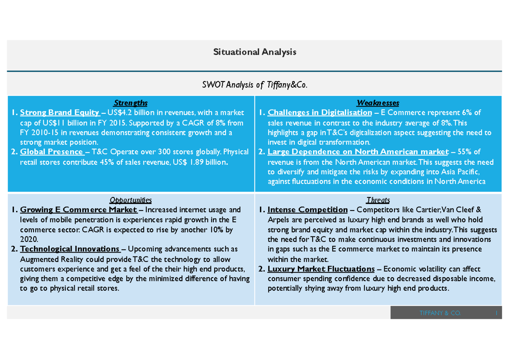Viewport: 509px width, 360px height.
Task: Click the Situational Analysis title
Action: [x=255, y=52]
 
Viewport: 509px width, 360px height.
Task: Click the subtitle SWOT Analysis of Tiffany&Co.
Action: [x=255, y=85]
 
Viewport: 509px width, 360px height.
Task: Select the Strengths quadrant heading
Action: [x=131, y=103]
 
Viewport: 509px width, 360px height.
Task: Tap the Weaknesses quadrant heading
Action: [x=378, y=103]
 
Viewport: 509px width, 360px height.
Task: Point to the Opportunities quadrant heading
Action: [x=131, y=200]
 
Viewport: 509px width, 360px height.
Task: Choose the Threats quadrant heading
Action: [x=378, y=200]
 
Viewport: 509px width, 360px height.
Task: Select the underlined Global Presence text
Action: [x=52, y=152]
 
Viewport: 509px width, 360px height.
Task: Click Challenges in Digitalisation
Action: [x=320, y=112]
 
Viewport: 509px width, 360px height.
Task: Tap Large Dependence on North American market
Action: [x=358, y=152]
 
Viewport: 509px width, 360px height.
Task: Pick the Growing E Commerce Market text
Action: [x=78, y=210]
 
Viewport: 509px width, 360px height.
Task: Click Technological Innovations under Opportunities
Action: [x=70, y=249]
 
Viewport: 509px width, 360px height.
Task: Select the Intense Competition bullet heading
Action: [x=308, y=210]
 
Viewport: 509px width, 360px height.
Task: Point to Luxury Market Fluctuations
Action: [x=321, y=269]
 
